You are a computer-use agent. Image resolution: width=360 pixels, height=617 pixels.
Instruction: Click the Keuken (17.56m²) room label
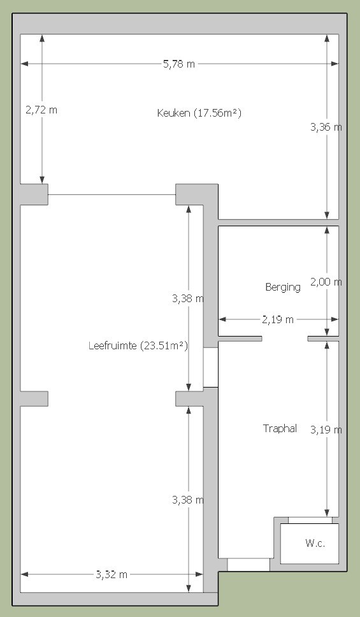click(199, 113)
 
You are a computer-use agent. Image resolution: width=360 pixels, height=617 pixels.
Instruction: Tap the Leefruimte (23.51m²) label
click(138, 346)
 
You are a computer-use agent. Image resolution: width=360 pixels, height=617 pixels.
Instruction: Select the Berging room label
click(283, 287)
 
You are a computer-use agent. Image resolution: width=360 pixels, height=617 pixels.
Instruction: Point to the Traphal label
click(280, 428)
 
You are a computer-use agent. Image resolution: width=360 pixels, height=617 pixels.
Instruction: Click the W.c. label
click(315, 544)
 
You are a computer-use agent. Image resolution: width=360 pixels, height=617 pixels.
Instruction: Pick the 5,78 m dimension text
click(179, 64)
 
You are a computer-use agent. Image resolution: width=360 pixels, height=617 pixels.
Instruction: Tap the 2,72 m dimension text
click(41, 110)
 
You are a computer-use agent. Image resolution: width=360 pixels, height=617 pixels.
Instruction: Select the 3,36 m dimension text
click(326, 127)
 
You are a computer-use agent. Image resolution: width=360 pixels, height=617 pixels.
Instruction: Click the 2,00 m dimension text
click(326, 282)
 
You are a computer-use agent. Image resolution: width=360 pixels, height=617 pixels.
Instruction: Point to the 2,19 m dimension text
click(278, 319)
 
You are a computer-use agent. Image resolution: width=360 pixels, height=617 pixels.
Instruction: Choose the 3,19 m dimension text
click(326, 430)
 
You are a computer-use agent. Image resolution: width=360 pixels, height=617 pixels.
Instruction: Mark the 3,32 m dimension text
click(112, 574)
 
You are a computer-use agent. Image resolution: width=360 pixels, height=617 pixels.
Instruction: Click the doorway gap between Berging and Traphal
click(285, 339)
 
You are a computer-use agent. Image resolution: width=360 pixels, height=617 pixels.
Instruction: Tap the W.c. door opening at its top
click(310, 520)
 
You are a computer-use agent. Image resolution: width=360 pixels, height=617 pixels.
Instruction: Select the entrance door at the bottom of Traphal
click(248, 564)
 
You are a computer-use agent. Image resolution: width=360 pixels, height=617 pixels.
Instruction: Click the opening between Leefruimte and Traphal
click(210, 368)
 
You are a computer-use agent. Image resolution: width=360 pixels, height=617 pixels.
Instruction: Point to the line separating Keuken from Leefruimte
click(112, 194)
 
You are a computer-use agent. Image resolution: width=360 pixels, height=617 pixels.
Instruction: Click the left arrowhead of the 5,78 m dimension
click(24, 64)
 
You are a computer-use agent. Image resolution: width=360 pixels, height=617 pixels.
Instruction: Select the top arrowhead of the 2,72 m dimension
click(42, 38)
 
